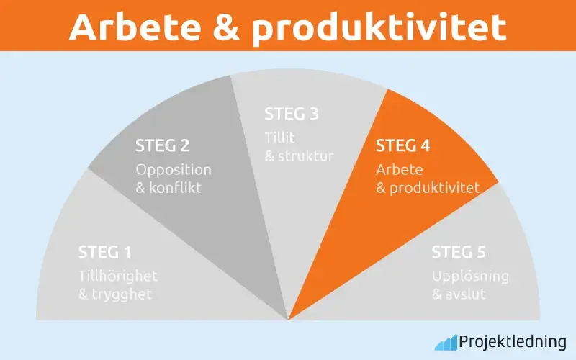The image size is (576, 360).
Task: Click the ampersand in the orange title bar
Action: coord(232,27)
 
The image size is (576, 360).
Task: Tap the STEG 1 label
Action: coord(105,253)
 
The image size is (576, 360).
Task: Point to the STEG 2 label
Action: coord(163,146)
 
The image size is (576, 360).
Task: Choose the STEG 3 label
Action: coord(292,114)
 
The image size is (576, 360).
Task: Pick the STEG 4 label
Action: coord(403,146)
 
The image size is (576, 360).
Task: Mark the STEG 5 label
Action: coord(459,253)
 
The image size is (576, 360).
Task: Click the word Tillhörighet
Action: coord(118,276)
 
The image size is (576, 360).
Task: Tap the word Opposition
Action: coord(174,170)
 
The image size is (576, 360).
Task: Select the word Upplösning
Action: coord(471,276)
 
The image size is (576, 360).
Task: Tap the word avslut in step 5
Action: coord(468,294)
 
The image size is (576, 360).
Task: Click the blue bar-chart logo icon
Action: coord(445,341)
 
